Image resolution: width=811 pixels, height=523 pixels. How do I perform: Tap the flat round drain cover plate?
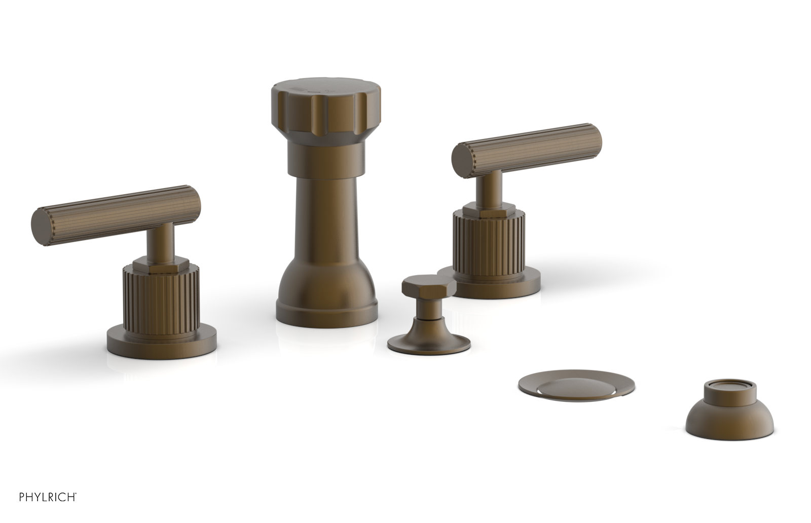(x=576, y=386)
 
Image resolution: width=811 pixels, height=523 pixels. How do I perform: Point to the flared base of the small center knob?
(x=429, y=343)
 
